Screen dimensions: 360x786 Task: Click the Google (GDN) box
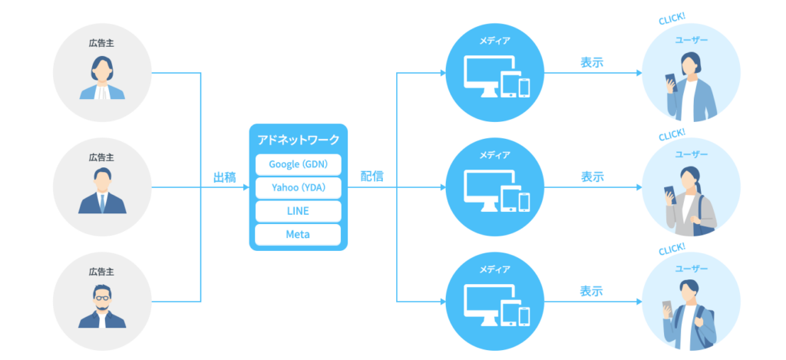(298, 164)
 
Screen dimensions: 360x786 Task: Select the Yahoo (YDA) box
(298, 187)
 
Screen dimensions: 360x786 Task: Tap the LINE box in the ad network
(298, 211)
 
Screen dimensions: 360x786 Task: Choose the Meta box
(298, 234)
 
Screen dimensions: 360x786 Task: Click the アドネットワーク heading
(298, 140)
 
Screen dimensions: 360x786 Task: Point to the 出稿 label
(224, 177)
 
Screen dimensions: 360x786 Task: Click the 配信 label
(372, 177)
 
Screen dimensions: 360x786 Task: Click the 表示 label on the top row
(592, 63)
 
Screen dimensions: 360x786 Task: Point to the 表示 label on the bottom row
(592, 292)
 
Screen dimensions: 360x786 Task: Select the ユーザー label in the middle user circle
(692, 154)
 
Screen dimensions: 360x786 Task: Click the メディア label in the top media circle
(494, 41)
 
